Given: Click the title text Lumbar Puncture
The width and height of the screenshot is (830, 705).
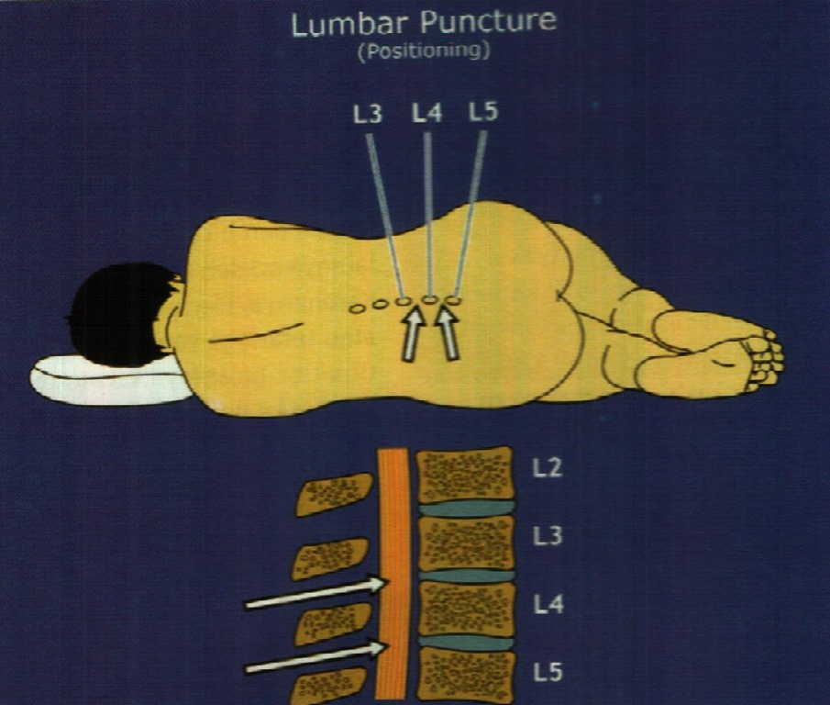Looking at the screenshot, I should [x=423, y=23].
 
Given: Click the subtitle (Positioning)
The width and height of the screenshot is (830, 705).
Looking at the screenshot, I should [x=423, y=51].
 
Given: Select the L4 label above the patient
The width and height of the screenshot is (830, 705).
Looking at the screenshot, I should [x=426, y=114].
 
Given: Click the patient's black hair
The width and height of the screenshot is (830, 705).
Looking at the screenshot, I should [x=119, y=312].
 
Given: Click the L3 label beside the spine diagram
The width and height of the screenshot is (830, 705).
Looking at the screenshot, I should [x=548, y=537].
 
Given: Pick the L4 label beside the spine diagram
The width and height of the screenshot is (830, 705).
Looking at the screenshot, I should [x=548, y=605].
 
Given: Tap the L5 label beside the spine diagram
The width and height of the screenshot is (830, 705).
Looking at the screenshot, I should [x=548, y=673].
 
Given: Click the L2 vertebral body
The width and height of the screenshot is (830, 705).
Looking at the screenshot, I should [x=464, y=474].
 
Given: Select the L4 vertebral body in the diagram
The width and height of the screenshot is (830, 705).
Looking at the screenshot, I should [x=465, y=608].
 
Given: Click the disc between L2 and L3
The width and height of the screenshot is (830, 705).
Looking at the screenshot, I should [x=465, y=508].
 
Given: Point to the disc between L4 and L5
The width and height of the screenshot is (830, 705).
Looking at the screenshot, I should [x=465, y=643].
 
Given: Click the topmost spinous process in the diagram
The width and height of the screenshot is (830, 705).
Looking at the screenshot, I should [x=333, y=494].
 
